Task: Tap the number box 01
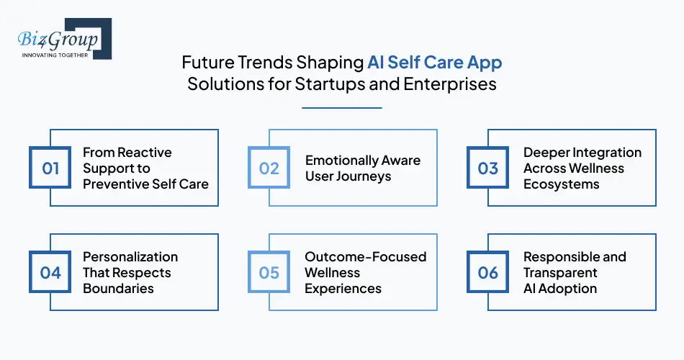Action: pos(50,168)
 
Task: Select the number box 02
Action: pos(269,168)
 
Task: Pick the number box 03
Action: pos(488,168)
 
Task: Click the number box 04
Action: pos(50,272)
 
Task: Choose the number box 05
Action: pos(269,272)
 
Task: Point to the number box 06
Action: pos(488,272)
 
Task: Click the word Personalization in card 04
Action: pos(130,257)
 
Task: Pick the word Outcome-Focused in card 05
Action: pos(365,257)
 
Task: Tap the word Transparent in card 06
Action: pos(560,273)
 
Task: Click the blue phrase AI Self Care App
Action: pos(434,63)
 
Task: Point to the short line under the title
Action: pos(341,108)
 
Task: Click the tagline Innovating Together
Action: pos(55,54)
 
